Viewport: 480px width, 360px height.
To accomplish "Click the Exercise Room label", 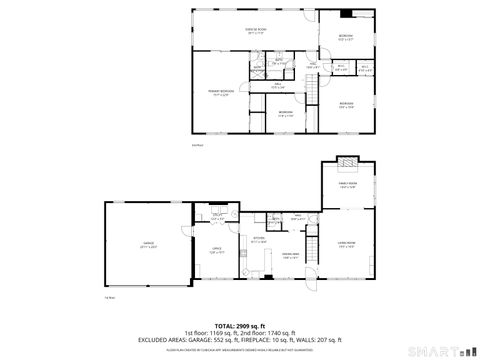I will (x=255, y=31).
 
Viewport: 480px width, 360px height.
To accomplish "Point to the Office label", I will (x=216, y=251).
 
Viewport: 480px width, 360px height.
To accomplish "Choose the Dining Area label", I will (x=290, y=258).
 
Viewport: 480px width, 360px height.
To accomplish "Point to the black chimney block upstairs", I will (x=347, y=15).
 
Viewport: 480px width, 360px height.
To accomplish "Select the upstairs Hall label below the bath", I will (x=279, y=85).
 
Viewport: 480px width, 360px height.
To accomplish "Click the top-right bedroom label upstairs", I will (x=346, y=38).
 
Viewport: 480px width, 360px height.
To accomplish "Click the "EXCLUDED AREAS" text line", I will (x=240, y=341).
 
